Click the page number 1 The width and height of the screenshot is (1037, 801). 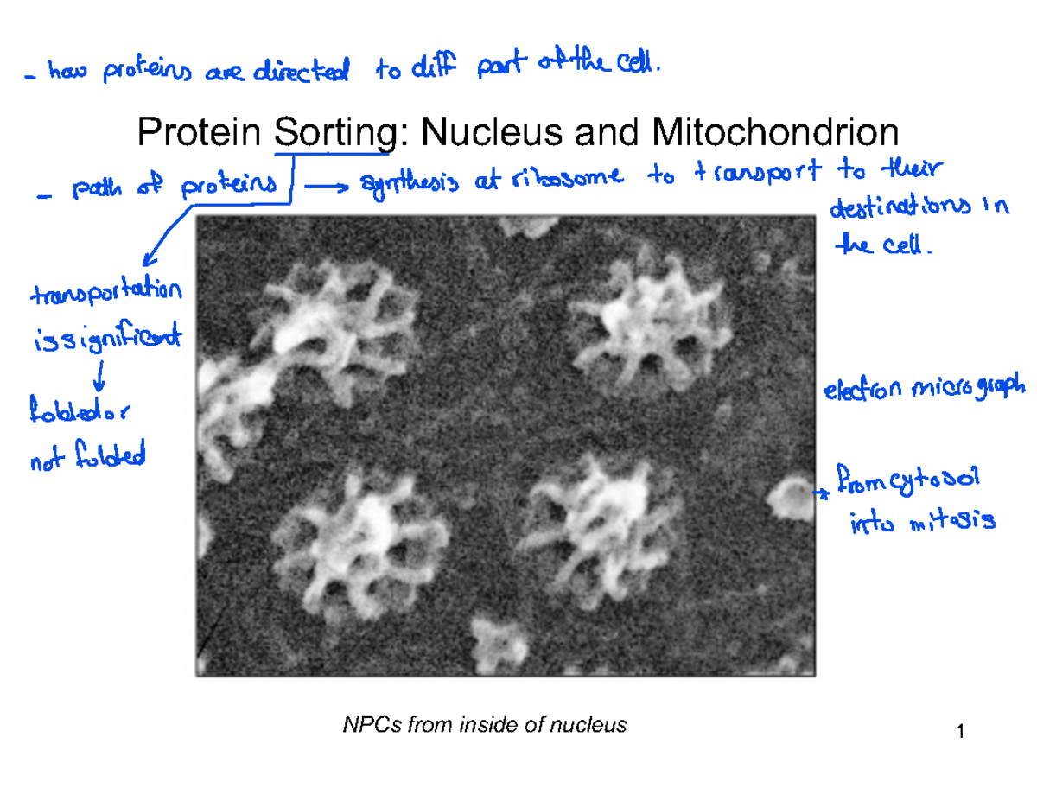(960, 734)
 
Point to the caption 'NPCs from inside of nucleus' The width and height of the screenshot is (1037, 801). (485, 725)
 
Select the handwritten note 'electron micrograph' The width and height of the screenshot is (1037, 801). (922, 389)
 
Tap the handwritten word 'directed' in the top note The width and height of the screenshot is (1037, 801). (302, 74)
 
